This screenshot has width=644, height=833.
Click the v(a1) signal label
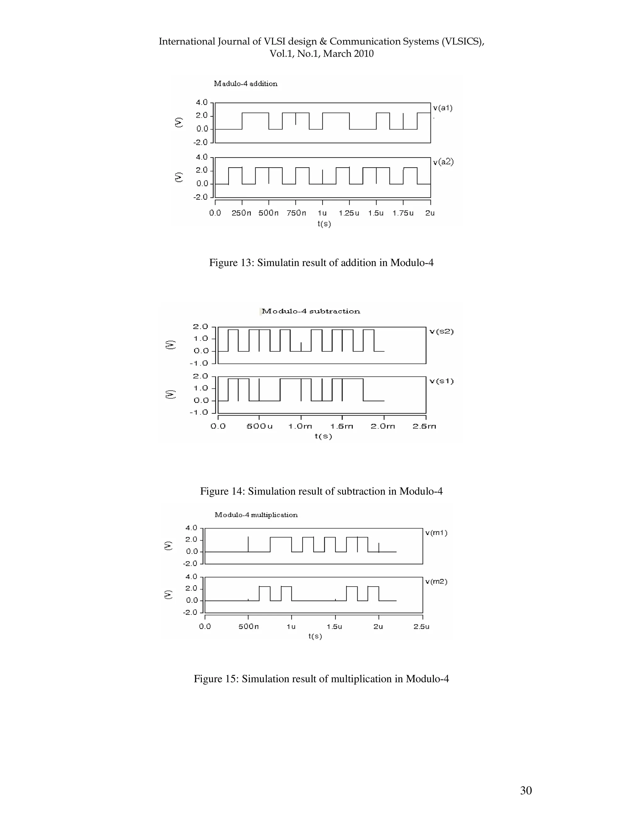point(442,108)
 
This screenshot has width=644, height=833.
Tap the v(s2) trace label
point(441,331)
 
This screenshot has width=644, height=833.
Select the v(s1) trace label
point(441,381)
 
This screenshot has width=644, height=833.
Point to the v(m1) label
point(436,533)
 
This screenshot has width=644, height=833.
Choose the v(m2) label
point(436,582)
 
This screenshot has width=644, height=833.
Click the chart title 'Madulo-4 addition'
point(245,84)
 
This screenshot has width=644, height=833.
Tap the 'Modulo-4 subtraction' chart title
point(311,311)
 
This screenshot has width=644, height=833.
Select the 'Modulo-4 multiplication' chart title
point(256,515)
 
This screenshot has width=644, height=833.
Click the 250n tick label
point(241,213)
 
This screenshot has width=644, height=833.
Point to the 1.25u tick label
point(349,213)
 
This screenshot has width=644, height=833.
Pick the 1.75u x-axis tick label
point(403,213)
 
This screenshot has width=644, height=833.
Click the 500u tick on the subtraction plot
point(259,426)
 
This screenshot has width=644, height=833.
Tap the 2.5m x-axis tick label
point(424,426)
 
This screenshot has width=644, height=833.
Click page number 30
point(526,791)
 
